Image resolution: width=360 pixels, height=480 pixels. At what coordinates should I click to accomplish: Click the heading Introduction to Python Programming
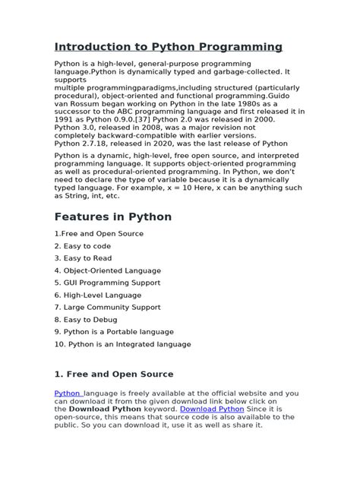168,47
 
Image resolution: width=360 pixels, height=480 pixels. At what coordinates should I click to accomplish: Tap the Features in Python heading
112,216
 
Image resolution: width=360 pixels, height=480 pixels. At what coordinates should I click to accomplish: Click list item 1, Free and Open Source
98,233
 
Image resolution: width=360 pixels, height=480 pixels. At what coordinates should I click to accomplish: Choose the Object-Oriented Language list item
107,270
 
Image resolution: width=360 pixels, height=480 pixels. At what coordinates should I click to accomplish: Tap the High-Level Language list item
97,295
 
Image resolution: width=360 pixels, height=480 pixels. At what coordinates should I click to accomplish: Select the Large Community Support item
107,307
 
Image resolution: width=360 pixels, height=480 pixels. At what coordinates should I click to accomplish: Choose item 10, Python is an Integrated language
122,343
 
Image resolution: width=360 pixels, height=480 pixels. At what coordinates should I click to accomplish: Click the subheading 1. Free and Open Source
113,374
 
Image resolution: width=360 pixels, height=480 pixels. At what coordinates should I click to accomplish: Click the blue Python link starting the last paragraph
67,392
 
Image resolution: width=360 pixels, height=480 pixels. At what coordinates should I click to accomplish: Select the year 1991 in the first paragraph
64,119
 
